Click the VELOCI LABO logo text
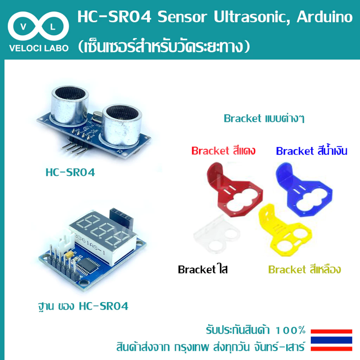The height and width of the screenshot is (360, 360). click(x=39, y=48)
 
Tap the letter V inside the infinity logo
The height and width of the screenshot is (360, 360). click(x=23, y=27)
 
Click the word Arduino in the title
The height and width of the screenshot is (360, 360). click(x=324, y=17)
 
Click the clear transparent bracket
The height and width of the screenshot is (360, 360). click(x=216, y=234)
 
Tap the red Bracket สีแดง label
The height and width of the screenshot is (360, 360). click(x=223, y=151)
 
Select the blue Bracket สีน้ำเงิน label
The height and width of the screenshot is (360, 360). click(x=311, y=150)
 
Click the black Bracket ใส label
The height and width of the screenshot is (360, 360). click(x=202, y=269)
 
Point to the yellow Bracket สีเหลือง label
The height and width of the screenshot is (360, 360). click(x=304, y=269)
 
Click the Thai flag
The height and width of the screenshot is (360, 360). click(x=331, y=340)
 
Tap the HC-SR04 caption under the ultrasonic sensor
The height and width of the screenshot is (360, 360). click(x=70, y=172)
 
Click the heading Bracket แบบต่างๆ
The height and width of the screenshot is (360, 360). click(x=264, y=118)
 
